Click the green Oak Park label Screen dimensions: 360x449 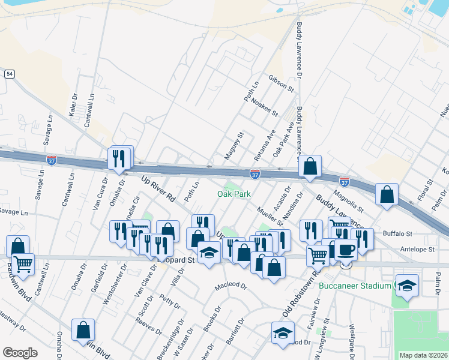[234, 194]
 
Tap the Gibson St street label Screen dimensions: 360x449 [281, 84]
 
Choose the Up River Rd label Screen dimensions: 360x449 [158, 188]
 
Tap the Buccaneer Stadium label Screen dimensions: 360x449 [354, 286]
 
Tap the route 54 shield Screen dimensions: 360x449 [9, 73]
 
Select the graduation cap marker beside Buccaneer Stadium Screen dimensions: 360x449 [406, 286]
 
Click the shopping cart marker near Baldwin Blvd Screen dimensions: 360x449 [23, 262]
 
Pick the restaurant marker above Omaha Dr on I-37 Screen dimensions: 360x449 [119, 158]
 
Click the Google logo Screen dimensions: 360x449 [20, 353]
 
